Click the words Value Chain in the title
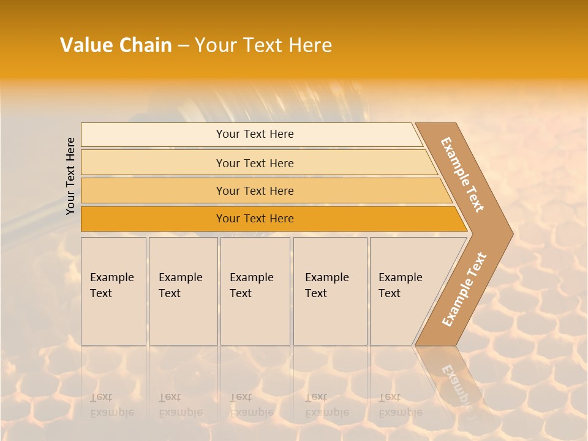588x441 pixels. pyautogui.click(x=116, y=45)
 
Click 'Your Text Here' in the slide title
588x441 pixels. pyautogui.click(x=263, y=45)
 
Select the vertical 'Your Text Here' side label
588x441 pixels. pyautogui.click(x=71, y=176)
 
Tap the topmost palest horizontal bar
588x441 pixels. pyautogui.click(x=254, y=134)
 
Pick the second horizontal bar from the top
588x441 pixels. pyautogui.click(x=254, y=163)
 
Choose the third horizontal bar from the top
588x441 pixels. pyautogui.click(x=254, y=190)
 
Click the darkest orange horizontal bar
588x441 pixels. pyautogui.click(x=254, y=219)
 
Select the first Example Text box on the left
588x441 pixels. pyautogui.click(x=113, y=290)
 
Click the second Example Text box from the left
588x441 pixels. pyautogui.click(x=183, y=290)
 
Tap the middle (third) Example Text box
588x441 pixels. pyautogui.click(x=254, y=290)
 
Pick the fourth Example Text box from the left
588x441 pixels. pyautogui.click(x=330, y=290)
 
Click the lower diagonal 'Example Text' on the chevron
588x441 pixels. pyautogui.click(x=464, y=290)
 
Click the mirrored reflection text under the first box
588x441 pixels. pyautogui.click(x=111, y=405)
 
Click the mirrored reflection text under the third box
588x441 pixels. pyautogui.click(x=251, y=405)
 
